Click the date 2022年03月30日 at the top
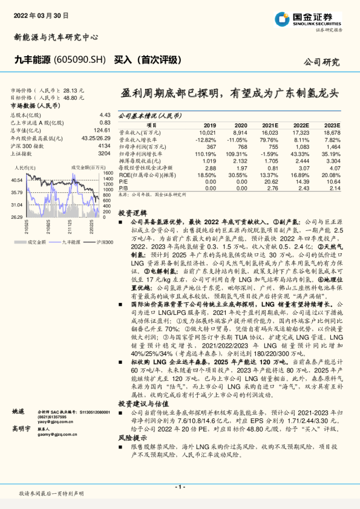pyautogui.click(x=41, y=15)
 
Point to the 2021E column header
pyautogui.click(x=269, y=125)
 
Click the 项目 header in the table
pyautogui.click(x=151, y=125)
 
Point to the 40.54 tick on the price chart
pyautogui.click(x=18, y=180)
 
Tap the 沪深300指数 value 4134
pyautogui.click(x=104, y=146)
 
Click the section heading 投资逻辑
pyautogui.click(x=133, y=213)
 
